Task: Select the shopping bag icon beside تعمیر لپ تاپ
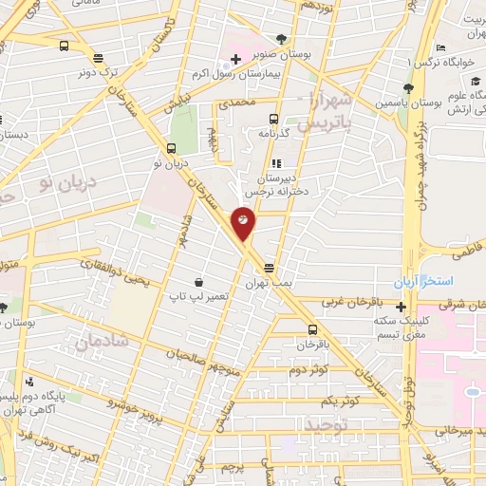click(x=198, y=282)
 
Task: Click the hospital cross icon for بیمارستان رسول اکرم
click(x=235, y=60)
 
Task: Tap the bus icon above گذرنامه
click(x=273, y=119)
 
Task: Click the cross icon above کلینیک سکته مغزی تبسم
click(x=402, y=307)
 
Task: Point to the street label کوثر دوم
click(x=308, y=368)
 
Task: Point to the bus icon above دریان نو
click(x=171, y=148)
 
